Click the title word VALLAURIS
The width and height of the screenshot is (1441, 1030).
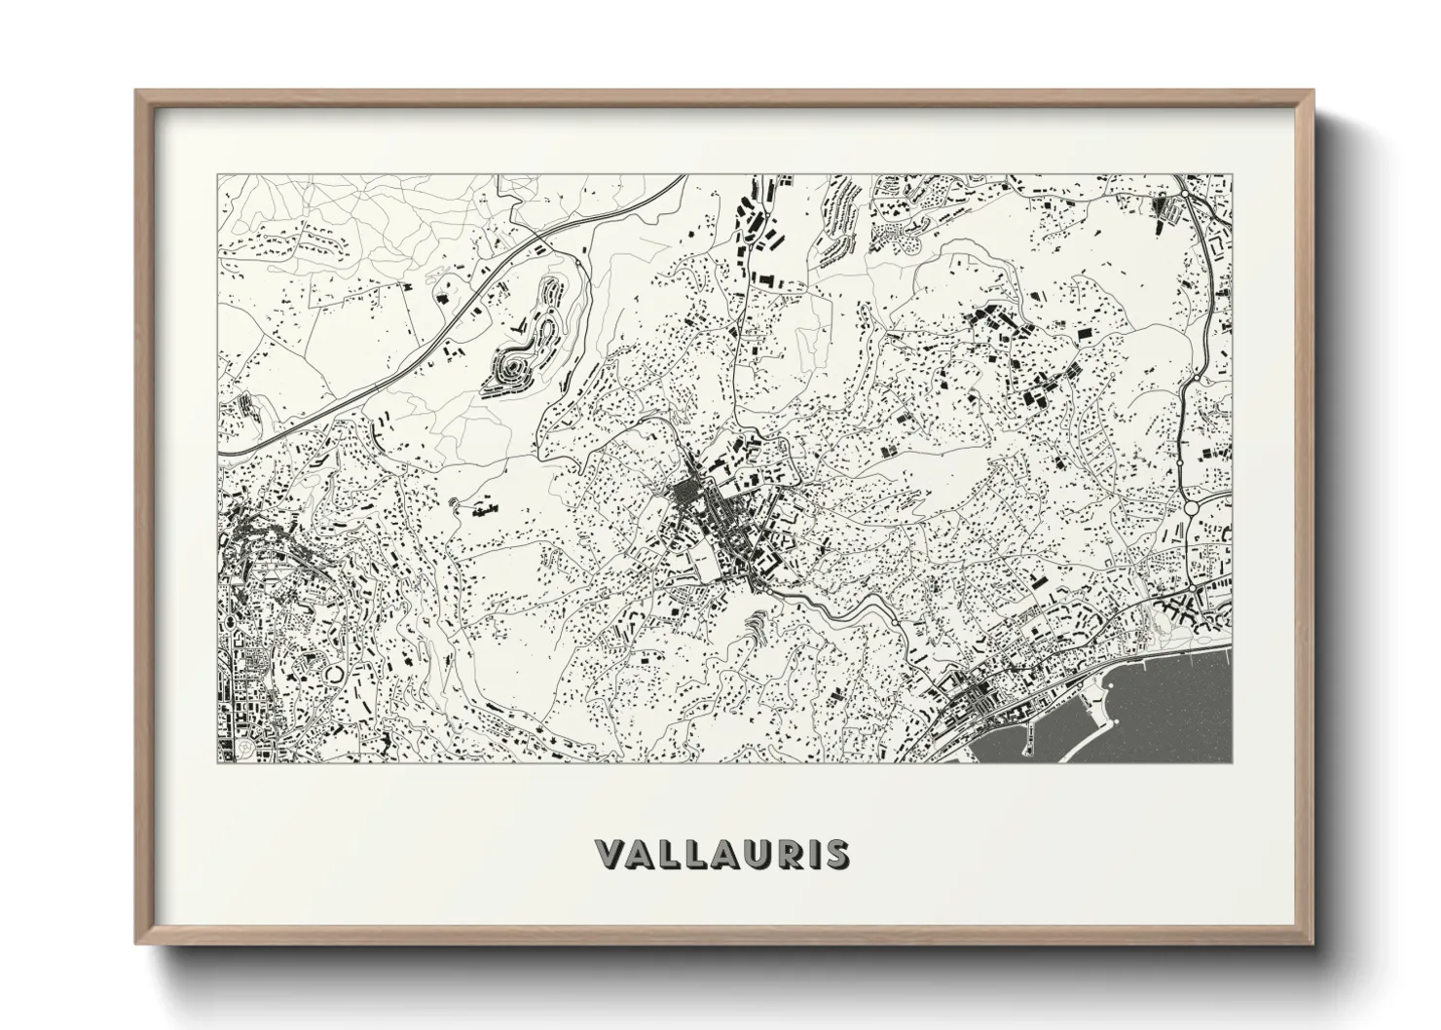click(721, 854)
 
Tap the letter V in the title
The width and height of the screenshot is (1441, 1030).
click(611, 854)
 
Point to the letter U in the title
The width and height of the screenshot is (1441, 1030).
click(747, 854)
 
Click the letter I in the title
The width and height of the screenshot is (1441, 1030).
click(805, 854)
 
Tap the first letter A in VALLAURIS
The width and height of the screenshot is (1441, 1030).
click(642, 854)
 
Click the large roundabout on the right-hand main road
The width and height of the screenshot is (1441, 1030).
click(1190, 507)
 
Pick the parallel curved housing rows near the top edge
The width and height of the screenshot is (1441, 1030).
click(837, 224)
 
